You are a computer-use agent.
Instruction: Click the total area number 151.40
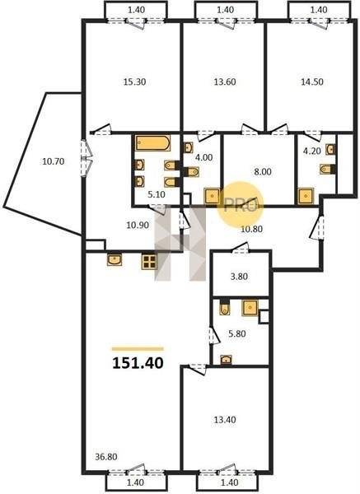pos(138,363)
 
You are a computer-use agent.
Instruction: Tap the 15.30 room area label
pos(134,82)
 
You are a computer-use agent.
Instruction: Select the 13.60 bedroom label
pos(225,82)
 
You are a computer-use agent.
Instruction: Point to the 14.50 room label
pos(312,82)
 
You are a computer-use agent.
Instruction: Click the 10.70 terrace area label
pos(54,161)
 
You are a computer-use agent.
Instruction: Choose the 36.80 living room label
pos(106,456)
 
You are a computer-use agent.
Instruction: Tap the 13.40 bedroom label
pos(224,420)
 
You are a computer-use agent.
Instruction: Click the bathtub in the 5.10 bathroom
pos(153,143)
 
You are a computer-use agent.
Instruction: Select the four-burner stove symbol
pos(149,262)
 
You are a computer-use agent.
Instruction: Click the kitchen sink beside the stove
pos(115,260)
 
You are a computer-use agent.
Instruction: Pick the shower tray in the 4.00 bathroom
pos(213,196)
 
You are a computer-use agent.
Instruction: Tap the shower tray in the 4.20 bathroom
pos(306,196)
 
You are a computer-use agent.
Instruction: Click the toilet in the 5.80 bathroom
pos(225,309)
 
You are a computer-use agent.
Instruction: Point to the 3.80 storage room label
pos(239,277)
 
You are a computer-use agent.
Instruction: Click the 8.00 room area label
pos(263,172)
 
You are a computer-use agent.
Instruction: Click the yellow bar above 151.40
pos(138,349)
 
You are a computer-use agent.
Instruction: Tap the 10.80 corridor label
pos(251,229)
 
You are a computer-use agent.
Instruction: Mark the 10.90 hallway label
pos(138,226)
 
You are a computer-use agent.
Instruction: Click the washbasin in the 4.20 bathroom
pos(330,149)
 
